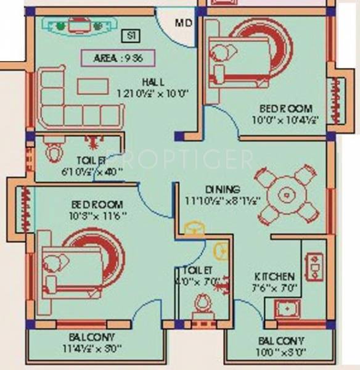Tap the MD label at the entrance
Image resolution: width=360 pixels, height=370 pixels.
coord(183,24)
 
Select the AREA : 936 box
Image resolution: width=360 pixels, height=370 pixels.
coord(117,59)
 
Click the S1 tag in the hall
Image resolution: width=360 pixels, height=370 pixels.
coord(129,36)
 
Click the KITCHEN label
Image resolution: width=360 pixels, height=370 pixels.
coord(274,276)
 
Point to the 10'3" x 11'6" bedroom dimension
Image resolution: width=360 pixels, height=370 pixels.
coord(99,215)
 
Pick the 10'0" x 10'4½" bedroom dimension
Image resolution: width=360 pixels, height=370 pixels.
coord(287,120)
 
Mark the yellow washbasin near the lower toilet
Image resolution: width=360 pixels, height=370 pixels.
coord(220,252)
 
